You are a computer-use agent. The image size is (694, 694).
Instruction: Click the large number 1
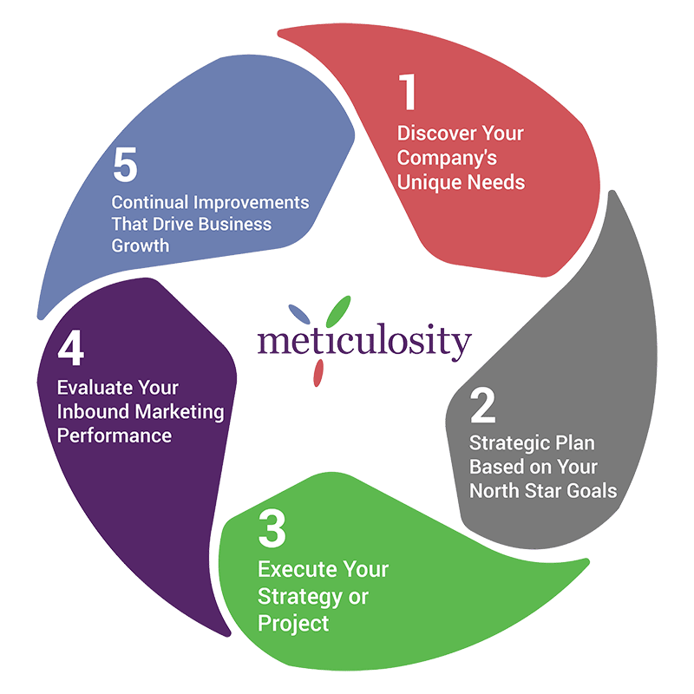point(407,93)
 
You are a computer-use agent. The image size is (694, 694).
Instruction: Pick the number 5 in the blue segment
point(125,167)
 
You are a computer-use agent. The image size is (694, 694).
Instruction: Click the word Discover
point(432,134)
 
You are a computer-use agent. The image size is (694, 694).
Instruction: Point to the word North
point(494,491)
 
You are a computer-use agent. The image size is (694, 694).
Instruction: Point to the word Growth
point(139,246)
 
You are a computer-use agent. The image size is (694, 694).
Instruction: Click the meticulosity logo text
point(364,341)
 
